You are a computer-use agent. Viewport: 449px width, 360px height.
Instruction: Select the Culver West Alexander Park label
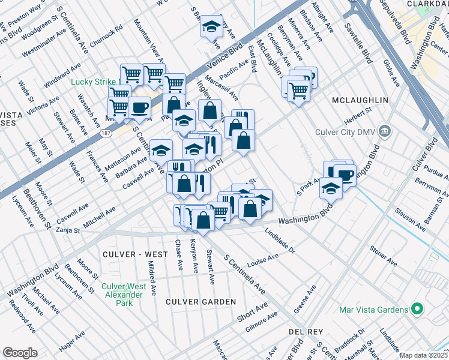124,295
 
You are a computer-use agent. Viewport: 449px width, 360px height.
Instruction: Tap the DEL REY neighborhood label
306,332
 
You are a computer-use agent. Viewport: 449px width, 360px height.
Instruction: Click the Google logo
20,352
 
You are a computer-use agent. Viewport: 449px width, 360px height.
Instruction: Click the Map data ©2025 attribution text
423,355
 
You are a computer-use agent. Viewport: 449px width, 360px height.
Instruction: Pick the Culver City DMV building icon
385,131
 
